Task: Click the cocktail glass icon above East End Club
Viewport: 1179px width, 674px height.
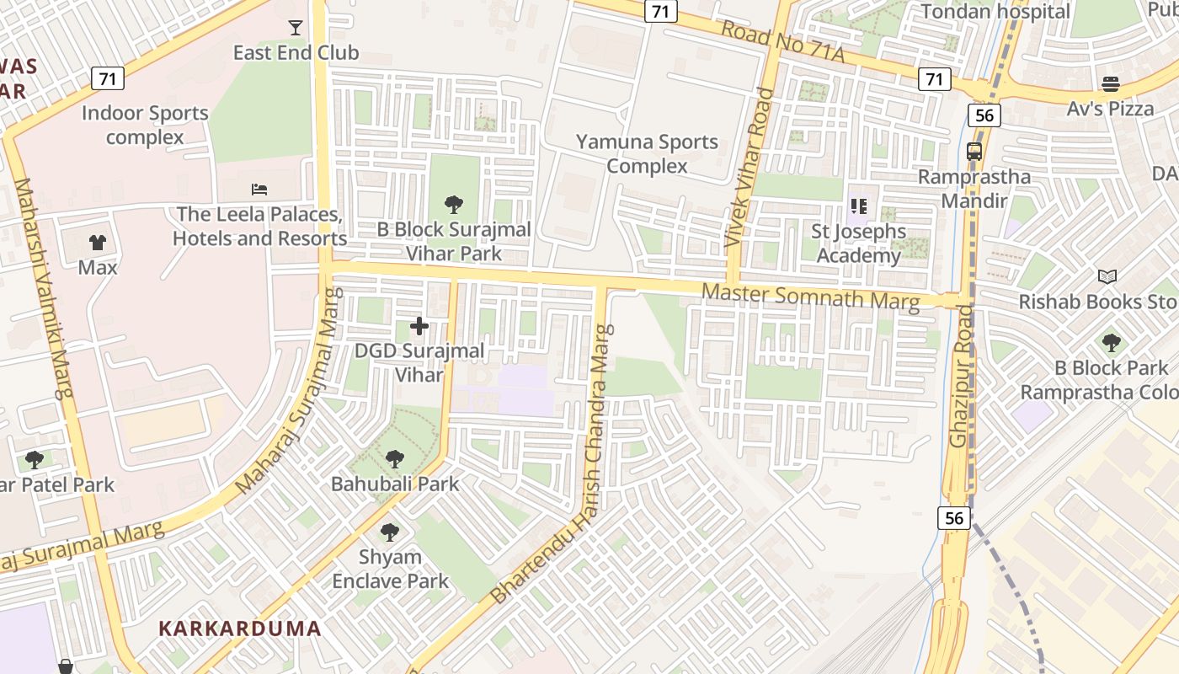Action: (296, 28)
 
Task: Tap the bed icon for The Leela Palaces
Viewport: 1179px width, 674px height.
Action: (259, 189)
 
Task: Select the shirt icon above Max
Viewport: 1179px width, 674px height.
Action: (98, 243)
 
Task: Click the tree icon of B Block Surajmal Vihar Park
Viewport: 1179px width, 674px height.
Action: (454, 204)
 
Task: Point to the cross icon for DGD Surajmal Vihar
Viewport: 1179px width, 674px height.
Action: (419, 326)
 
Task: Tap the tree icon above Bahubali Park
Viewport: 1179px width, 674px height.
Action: (395, 459)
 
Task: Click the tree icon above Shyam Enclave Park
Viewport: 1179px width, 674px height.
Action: (390, 532)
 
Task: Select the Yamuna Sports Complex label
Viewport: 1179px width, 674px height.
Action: (647, 153)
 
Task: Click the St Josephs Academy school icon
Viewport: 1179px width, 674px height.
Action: (859, 206)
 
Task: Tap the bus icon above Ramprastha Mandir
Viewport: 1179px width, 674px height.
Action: (974, 152)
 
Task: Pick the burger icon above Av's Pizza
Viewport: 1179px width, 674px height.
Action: (1111, 83)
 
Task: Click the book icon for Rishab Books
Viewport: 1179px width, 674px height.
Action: (1107, 276)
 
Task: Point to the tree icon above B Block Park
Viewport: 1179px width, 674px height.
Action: (1112, 343)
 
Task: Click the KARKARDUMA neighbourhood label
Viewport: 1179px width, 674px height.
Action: (240, 629)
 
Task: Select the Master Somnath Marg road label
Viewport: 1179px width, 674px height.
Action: (810, 297)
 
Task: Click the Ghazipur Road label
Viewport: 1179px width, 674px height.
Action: (962, 376)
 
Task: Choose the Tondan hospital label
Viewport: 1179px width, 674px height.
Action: (995, 12)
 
